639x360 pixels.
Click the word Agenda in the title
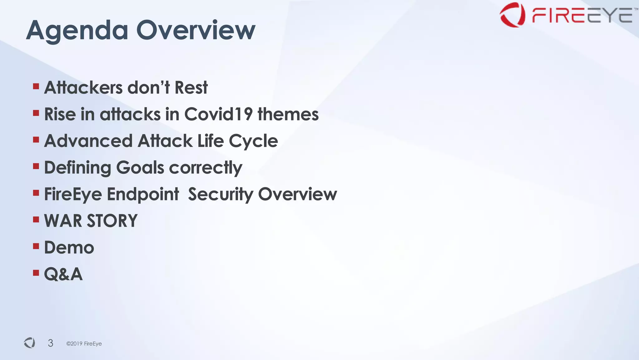pos(77,31)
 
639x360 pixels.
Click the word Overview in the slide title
pos(196,30)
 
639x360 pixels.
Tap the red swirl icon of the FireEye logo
pos(512,15)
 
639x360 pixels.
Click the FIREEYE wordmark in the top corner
pos(582,16)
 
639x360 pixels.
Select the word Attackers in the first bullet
pos(83,87)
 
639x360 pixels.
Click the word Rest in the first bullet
pos(191,87)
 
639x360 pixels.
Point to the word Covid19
pos(218,114)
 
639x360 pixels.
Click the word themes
pos(288,114)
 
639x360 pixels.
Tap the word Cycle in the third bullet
pos(253,141)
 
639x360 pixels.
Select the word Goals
pos(140,168)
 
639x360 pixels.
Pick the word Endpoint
pos(143,195)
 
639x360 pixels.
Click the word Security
pos(220,195)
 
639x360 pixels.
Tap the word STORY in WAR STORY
pos(112,221)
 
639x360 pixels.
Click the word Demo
pos(69,248)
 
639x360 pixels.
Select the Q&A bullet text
pos(63,274)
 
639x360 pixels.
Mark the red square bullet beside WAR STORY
pos(36,220)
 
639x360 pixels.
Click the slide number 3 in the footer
pos(51,343)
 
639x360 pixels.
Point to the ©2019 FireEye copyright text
pos(84,343)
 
